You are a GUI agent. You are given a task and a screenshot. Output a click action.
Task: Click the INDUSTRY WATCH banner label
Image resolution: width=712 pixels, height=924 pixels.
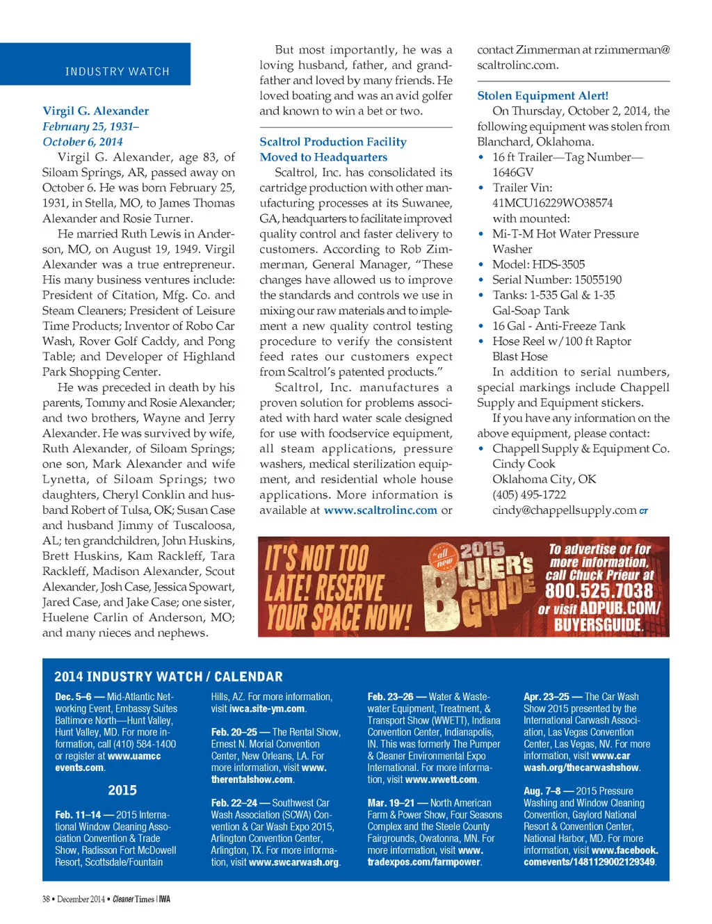(117, 72)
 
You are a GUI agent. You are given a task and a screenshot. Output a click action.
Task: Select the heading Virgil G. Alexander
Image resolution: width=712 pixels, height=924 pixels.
(95, 111)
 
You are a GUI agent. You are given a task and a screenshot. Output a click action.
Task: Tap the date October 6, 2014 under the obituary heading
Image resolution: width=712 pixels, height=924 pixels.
(82, 142)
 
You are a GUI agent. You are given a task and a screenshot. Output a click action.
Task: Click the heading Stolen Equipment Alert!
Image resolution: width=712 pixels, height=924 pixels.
(542, 96)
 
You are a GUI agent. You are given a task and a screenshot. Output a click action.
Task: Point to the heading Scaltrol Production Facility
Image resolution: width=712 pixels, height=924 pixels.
(332, 142)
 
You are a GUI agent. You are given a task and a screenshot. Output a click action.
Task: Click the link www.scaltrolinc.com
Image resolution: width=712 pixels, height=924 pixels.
(380, 510)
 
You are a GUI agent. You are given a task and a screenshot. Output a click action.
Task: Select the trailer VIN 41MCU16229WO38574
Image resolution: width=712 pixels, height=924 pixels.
(552, 203)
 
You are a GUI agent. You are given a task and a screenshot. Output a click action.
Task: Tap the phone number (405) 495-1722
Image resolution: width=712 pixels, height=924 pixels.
(528, 495)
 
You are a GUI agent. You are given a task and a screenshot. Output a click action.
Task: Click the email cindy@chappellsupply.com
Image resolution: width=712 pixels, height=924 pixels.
(564, 510)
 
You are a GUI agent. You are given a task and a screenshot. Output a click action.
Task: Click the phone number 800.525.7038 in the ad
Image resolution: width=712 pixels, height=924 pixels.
(599, 591)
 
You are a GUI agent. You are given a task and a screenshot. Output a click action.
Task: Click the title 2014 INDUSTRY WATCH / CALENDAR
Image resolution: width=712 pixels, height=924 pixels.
(168, 676)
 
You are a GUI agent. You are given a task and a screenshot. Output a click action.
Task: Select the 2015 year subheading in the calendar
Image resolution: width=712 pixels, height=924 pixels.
(122, 791)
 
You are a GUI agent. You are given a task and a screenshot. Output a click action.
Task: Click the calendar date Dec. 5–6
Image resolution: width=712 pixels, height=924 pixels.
(73, 697)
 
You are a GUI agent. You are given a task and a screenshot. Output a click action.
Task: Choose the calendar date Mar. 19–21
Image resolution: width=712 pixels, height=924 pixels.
(391, 803)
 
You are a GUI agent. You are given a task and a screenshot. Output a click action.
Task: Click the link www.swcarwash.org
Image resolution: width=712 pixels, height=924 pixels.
(293, 862)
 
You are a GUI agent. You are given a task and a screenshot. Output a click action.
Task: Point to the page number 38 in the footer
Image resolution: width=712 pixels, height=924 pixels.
(46, 899)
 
